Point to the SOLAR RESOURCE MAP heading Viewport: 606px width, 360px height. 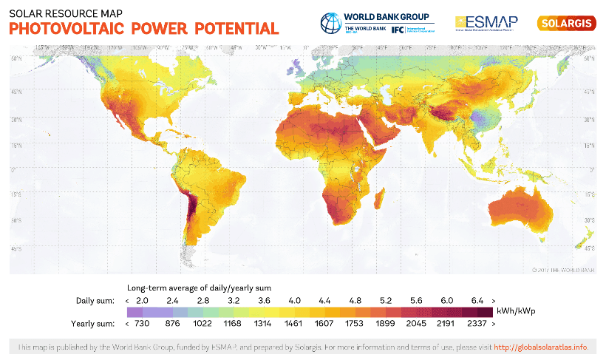click(x=56, y=13)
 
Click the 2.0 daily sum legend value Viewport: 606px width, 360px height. click(x=142, y=300)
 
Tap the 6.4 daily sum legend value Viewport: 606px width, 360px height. click(x=477, y=300)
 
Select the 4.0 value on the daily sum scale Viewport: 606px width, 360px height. click(x=295, y=300)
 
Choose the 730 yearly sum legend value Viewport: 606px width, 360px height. click(x=142, y=323)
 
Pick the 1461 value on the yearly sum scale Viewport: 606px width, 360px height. click(x=295, y=323)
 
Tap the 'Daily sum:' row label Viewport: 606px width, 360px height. click(x=95, y=300)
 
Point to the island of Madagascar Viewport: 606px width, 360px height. click(x=382, y=198)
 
